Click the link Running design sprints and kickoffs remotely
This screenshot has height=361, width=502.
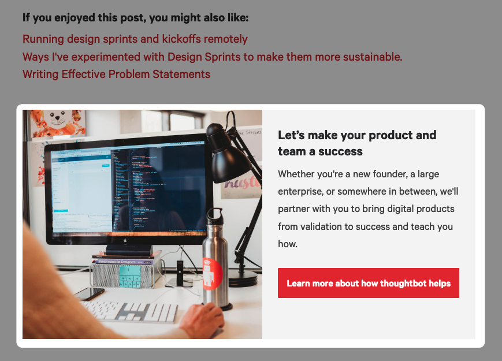(135, 39)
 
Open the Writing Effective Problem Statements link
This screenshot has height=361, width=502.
(116, 75)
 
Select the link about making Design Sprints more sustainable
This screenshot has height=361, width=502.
(212, 57)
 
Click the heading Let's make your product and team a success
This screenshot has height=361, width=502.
(357, 143)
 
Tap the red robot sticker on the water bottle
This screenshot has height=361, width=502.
(213, 274)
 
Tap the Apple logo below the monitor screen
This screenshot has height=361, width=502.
(125, 240)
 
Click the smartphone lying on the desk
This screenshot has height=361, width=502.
(90, 293)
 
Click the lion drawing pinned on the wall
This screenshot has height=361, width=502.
(58, 122)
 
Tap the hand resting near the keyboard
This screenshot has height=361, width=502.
(201, 321)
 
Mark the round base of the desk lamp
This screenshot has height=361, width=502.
(243, 278)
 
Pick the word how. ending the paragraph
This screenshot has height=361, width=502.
(288, 244)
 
